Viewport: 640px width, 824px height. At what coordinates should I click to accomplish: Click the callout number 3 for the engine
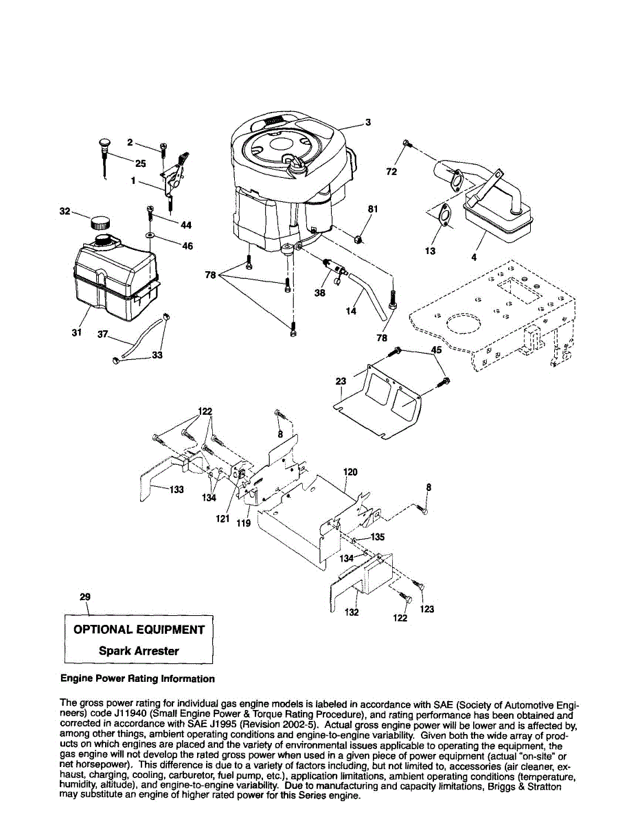point(368,123)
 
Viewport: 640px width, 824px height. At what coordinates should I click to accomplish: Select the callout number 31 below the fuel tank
point(76,332)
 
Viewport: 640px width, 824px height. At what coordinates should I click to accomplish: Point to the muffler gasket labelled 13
point(445,215)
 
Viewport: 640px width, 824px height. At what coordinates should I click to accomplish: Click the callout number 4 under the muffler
point(474,257)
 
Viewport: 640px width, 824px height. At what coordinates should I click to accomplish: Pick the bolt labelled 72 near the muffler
point(407,144)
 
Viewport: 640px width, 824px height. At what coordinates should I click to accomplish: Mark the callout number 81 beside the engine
point(373,209)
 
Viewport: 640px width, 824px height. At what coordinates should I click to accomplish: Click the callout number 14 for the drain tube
point(351,311)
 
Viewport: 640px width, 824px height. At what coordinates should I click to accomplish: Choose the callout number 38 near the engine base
point(320,292)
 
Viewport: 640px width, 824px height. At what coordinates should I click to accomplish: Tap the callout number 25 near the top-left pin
point(140,163)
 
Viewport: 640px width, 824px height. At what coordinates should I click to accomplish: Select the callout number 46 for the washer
point(187,247)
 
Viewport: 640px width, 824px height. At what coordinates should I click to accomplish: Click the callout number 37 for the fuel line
point(103,334)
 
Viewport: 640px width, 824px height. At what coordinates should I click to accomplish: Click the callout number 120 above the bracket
point(350,472)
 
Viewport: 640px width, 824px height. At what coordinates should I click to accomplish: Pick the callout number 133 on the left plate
point(176,490)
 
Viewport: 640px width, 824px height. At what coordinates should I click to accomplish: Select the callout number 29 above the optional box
point(85,597)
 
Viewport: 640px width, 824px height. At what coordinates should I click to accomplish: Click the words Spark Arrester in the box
point(139,651)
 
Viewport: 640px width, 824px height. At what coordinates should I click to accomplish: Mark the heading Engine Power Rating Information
point(137,678)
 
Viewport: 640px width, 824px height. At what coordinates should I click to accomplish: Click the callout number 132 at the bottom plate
point(352,613)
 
